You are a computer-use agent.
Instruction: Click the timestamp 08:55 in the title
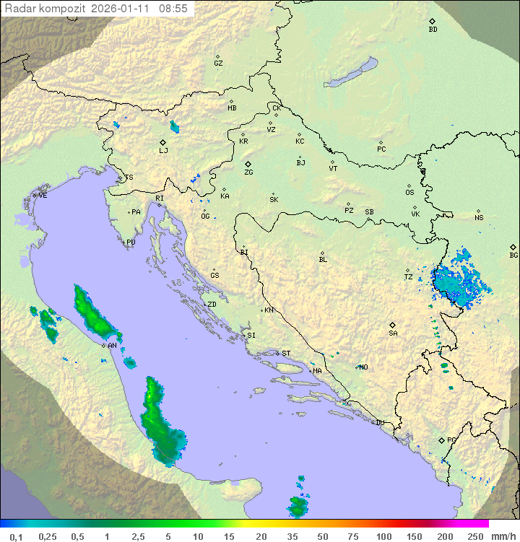173,9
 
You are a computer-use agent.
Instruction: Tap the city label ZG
248,172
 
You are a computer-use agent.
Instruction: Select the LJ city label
163,150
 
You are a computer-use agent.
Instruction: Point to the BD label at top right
433,30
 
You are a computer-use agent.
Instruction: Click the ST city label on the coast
286,353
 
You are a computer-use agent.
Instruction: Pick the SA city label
393,333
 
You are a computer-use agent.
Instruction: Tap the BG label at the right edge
513,255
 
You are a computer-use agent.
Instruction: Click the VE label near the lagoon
43,195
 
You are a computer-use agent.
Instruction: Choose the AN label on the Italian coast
112,346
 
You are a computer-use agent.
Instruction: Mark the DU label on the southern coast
379,422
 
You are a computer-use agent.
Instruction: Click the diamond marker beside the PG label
441,440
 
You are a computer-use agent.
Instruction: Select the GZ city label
218,63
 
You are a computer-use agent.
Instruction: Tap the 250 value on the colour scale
474,536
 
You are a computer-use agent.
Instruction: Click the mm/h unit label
503,536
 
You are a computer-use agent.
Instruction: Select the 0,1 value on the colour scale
16,536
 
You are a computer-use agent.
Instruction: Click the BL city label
323,259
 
